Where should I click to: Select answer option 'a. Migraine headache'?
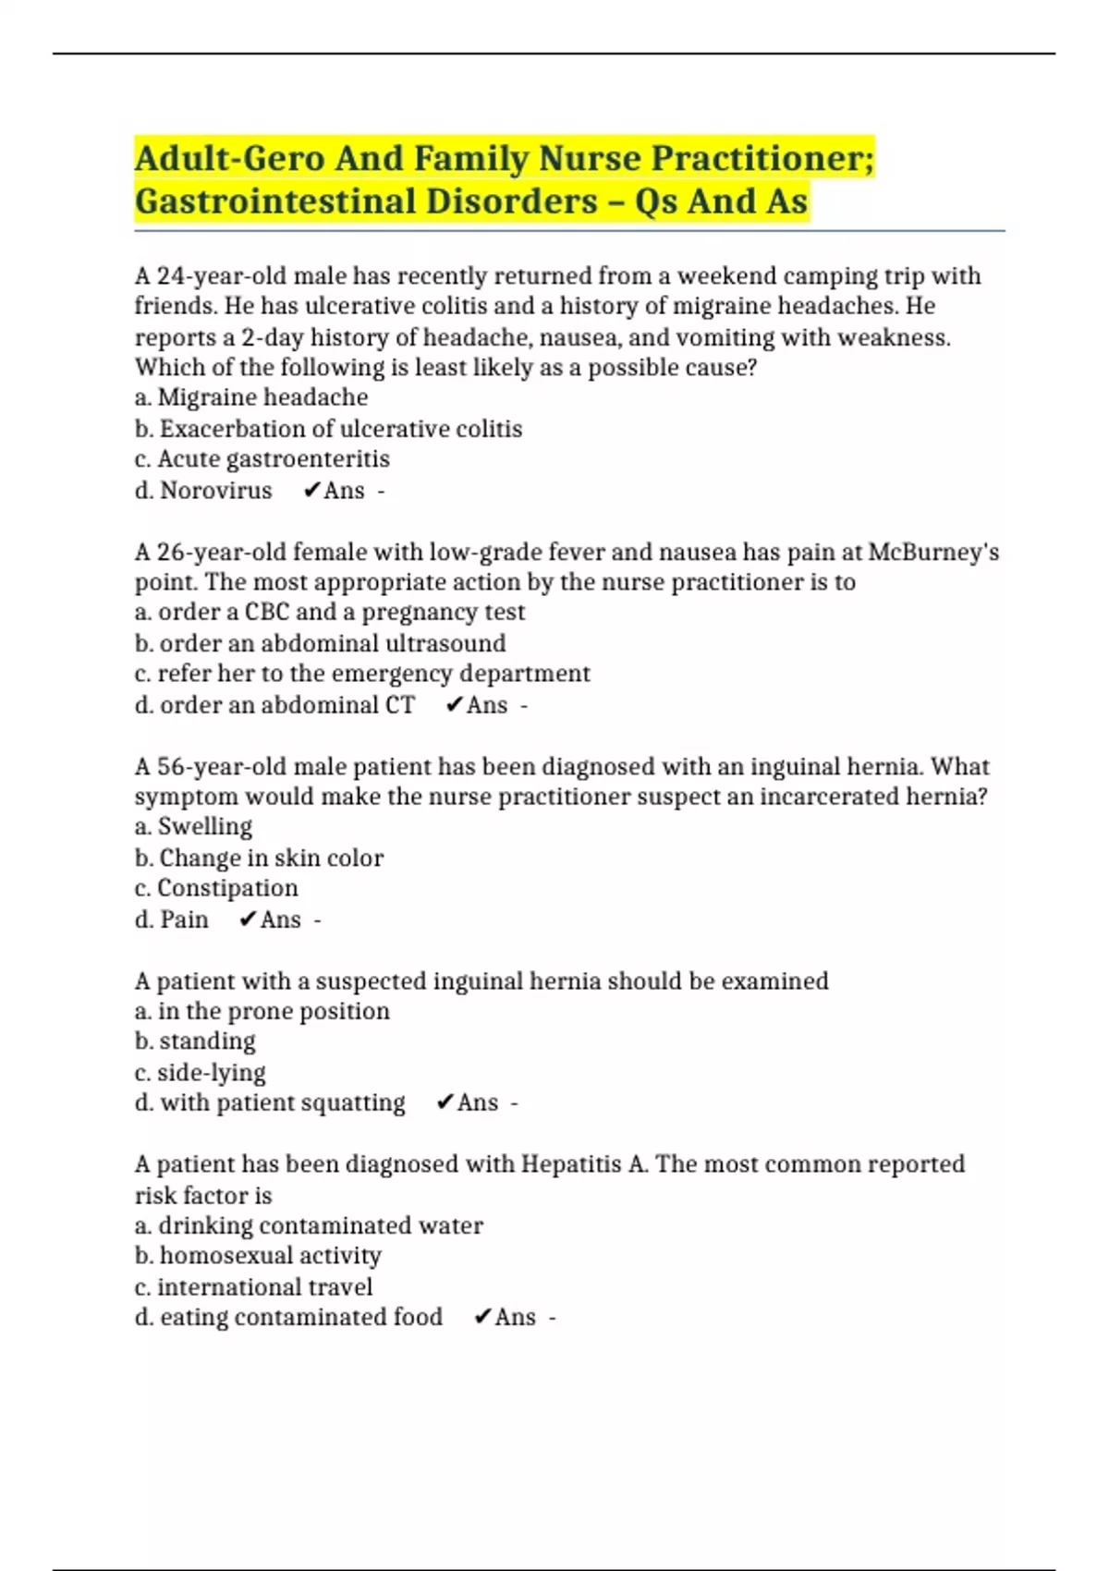pos(251,397)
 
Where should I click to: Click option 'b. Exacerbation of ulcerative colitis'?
pos(328,429)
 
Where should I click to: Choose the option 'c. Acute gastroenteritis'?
pos(262,459)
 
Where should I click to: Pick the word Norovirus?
pos(216,491)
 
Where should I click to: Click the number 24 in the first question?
pos(171,276)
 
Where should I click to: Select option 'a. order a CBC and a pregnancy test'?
pos(330,612)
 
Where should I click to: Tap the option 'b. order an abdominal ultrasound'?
pos(320,643)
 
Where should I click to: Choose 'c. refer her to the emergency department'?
pos(362,674)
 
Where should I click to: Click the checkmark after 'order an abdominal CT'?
pos(453,705)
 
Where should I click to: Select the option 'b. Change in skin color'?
pos(259,858)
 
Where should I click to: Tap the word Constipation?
pos(227,888)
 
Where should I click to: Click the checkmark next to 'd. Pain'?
pos(247,919)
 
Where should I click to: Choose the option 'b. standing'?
pos(195,1041)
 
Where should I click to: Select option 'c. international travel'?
pos(253,1286)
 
